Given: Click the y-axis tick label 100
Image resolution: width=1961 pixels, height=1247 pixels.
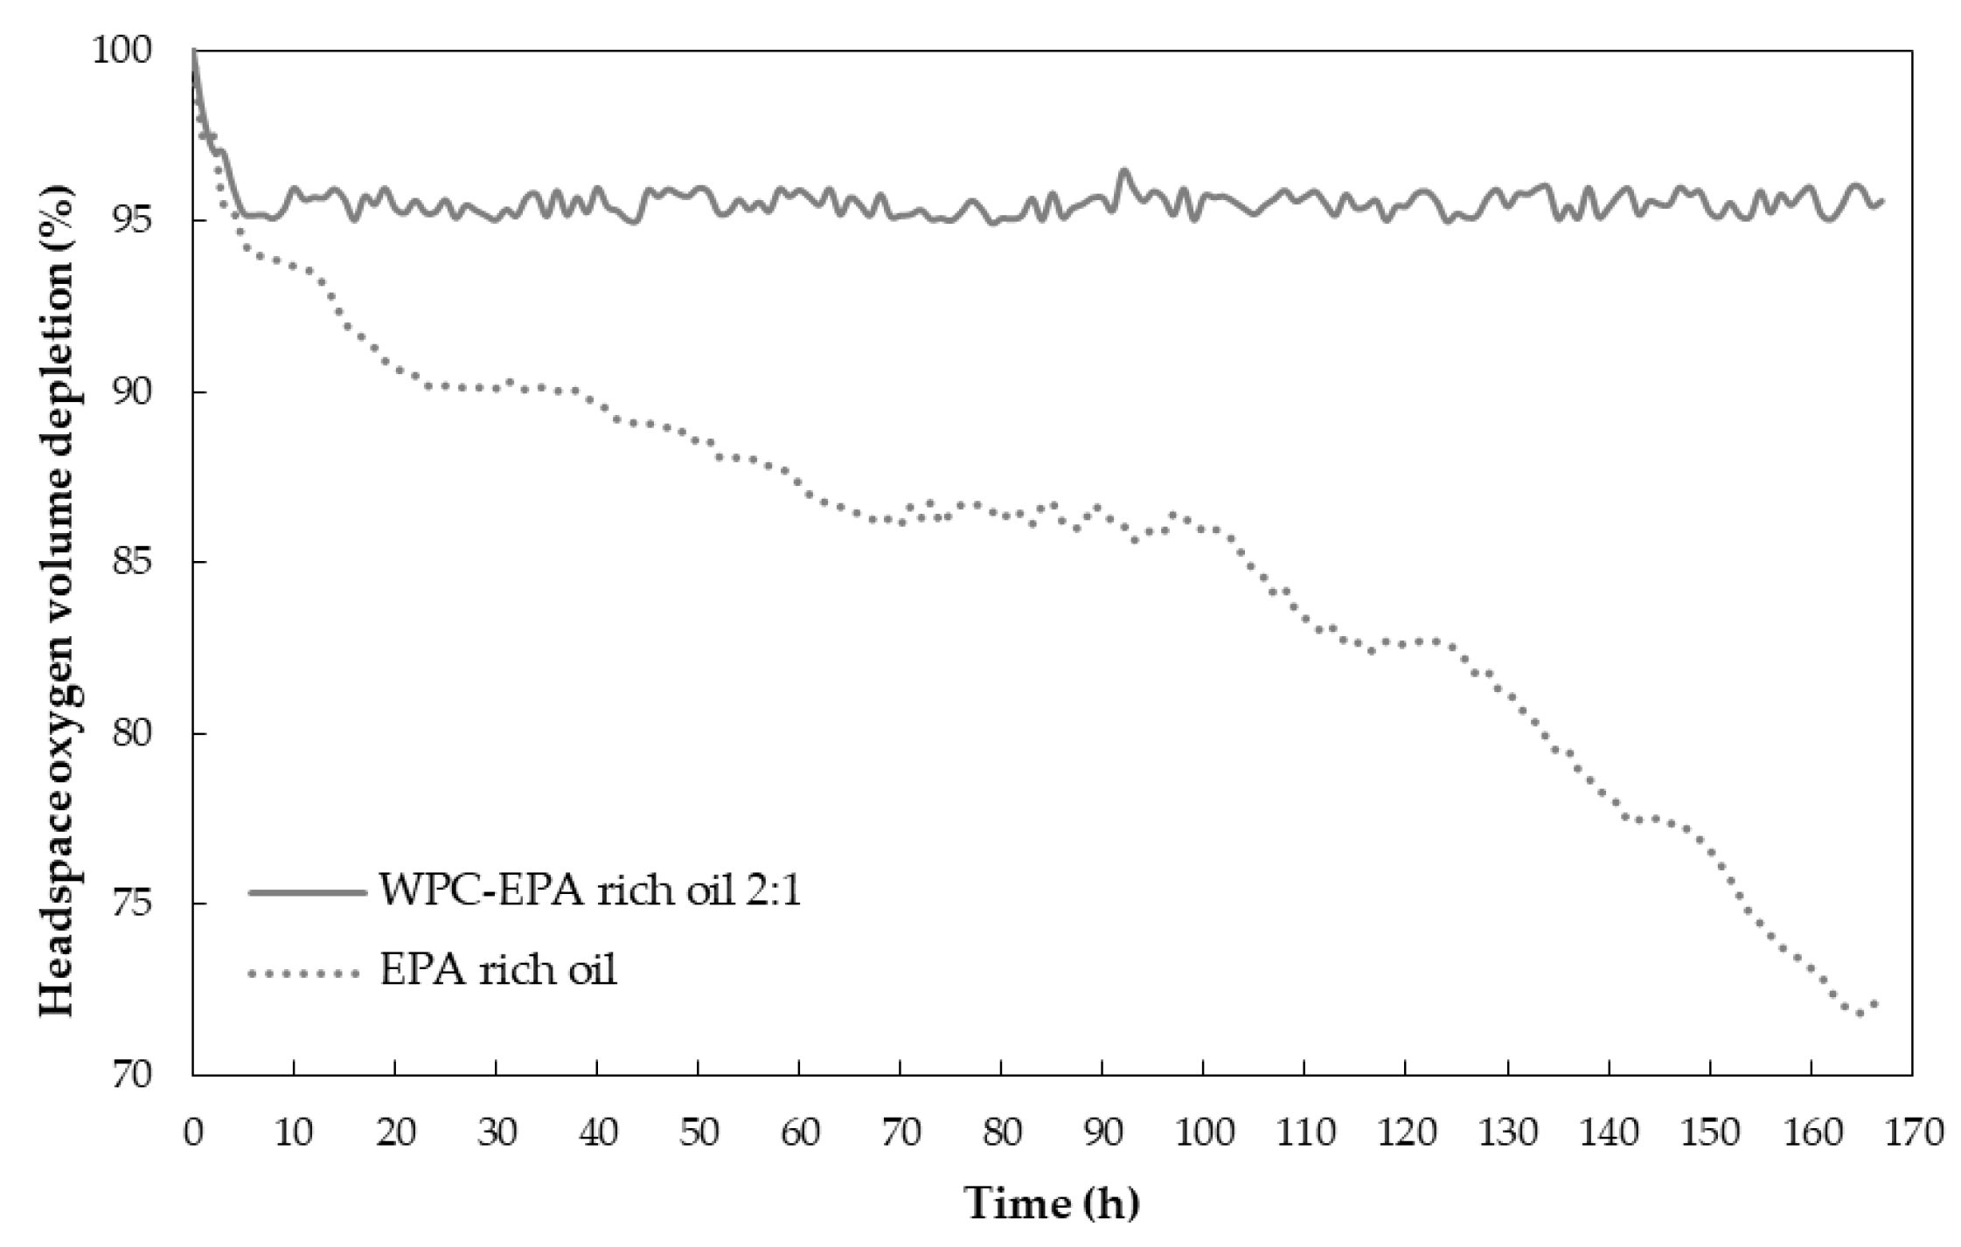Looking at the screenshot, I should coord(132,51).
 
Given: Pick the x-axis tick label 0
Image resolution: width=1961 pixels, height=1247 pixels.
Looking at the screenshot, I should coord(193,1133).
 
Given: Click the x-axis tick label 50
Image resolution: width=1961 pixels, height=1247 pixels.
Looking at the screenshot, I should coord(699,1133).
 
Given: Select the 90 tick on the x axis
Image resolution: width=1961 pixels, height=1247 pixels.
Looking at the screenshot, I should coord(1102,1133).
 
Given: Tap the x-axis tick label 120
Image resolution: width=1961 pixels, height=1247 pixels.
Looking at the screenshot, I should coord(1406,1133).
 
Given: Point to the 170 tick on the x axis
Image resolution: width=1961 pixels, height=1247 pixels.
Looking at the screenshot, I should coord(1911,1133).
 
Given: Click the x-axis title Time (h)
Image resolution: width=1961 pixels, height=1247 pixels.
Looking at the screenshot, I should coord(1052,1203).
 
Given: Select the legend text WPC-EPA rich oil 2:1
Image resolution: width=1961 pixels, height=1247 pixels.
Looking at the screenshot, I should coord(590,891).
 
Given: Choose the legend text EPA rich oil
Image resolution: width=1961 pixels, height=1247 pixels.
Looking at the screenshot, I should coord(498,970).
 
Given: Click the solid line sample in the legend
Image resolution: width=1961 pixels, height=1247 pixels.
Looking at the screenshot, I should coord(306,892).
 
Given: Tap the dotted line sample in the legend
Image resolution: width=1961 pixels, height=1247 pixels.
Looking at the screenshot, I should coord(306,972).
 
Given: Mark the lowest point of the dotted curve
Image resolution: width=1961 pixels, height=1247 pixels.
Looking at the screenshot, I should coord(1860,1015).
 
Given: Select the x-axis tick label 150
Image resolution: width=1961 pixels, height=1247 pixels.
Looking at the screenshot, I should coord(1709,1133).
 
